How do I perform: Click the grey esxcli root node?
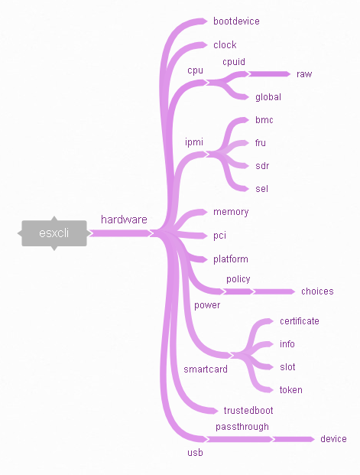[x=54, y=233]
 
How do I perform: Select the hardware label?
[x=124, y=220]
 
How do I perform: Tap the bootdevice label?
[x=236, y=21]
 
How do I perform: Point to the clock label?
[x=225, y=45]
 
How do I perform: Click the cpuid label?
[x=234, y=62]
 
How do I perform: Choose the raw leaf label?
[x=304, y=74]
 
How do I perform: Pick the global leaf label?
[x=268, y=97]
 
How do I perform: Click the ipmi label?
[x=194, y=142]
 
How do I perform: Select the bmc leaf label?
[x=264, y=119]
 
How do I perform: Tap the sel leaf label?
[x=261, y=189]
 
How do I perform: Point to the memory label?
[x=231, y=212]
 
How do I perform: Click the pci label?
[x=219, y=236]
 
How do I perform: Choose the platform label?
[x=231, y=259]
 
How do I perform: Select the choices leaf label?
[x=317, y=291]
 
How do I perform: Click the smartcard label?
[x=206, y=369]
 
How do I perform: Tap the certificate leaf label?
[x=300, y=321]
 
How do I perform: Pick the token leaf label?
[x=291, y=390]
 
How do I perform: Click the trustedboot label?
[x=248, y=411]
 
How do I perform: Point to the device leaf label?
[x=333, y=439]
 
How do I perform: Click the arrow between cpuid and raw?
[x=269, y=74]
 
